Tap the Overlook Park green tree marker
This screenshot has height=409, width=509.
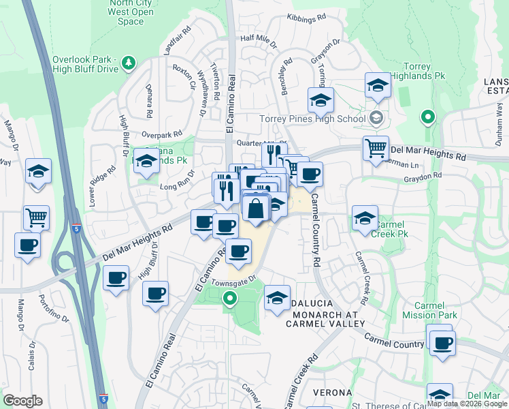click(x=128, y=63)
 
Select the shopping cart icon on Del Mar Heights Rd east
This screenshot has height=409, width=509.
click(x=376, y=149)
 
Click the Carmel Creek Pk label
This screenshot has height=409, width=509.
click(x=391, y=228)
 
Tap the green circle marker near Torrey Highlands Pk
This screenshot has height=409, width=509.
click(x=427, y=117)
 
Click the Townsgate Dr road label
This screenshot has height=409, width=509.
click(x=233, y=280)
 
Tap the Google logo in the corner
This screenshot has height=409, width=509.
click(x=22, y=401)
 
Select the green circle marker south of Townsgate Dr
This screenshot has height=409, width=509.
click(x=230, y=298)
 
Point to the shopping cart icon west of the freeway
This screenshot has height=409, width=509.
click(x=37, y=218)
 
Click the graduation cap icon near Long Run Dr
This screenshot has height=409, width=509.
click(x=146, y=162)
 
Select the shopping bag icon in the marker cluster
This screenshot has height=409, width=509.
click(x=256, y=209)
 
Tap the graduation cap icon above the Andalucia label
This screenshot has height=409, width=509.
click(x=276, y=299)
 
